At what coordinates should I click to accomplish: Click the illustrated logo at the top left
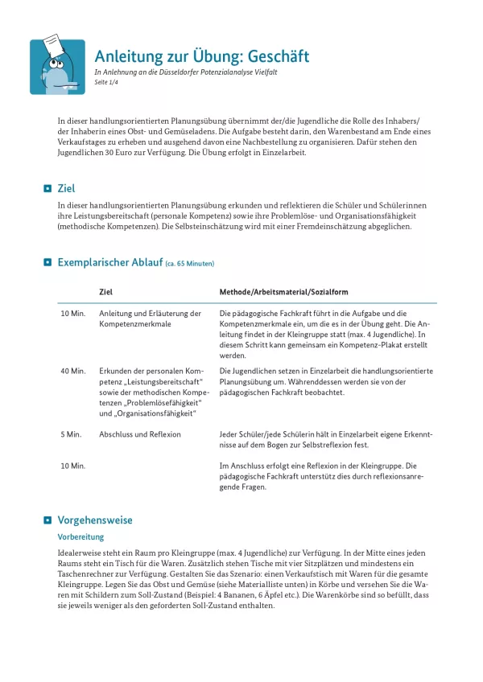pyautogui.click(x=57, y=67)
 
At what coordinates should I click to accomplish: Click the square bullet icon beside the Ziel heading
pyautogui.click(x=47, y=189)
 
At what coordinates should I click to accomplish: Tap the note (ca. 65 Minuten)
pyautogui.click(x=190, y=264)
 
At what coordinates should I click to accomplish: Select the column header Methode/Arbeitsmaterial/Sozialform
pyautogui.click(x=283, y=292)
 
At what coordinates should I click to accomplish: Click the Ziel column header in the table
pyautogui.click(x=105, y=292)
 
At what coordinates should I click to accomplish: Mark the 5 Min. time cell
pyautogui.click(x=71, y=434)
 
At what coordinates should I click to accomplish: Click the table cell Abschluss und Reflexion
pyautogui.click(x=139, y=434)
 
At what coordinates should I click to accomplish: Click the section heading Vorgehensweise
pyautogui.click(x=95, y=520)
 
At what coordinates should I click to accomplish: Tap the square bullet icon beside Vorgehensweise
pyautogui.click(x=47, y=520)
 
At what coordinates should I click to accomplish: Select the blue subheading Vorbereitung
pyautogui.click(x=80, y=536)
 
